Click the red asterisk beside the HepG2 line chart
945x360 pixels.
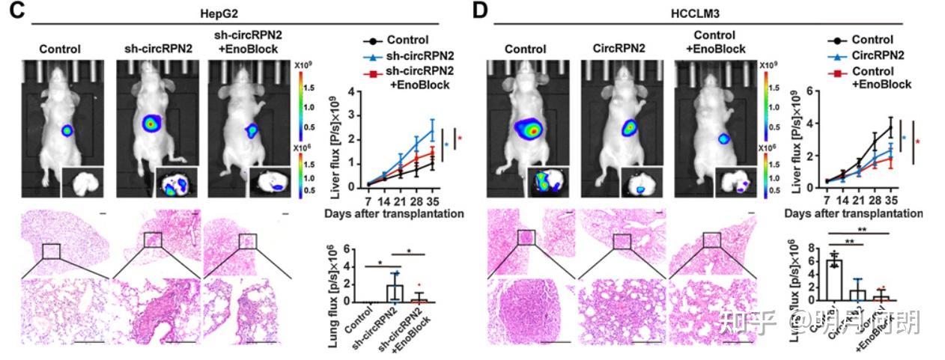[460, 138]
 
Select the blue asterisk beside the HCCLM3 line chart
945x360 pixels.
[904, 138]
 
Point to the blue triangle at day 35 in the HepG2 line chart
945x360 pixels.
[432, 130]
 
